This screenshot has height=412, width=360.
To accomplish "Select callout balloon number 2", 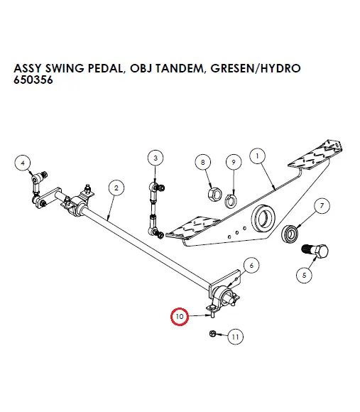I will [x=114, y=188].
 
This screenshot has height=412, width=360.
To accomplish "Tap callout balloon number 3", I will [x=156, y=157].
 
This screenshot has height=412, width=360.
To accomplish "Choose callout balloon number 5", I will [x=306, y=273].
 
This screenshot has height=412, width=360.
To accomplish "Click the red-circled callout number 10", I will [x=179, y=315].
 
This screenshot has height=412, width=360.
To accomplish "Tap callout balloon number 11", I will [x=235, y=337].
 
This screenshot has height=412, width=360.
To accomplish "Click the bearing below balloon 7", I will [x=291, y=234].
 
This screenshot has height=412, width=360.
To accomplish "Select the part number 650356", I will [x=33, y=80].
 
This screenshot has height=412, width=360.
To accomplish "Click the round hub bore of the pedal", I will [x=266, y=213].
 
